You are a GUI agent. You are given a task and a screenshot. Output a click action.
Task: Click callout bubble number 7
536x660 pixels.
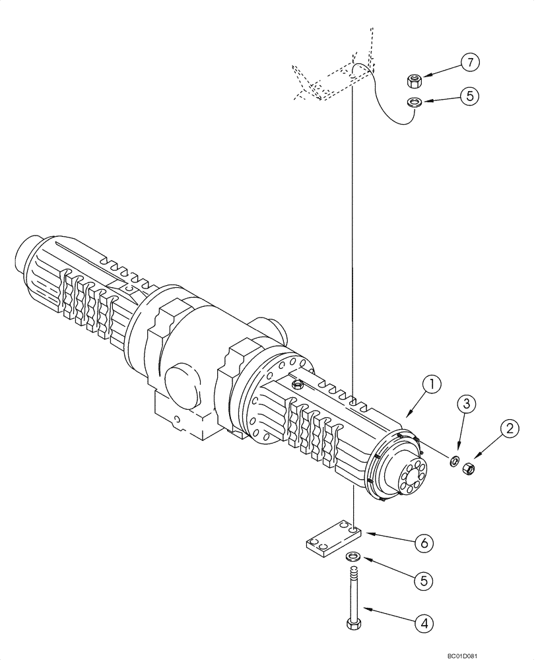coord(470,63)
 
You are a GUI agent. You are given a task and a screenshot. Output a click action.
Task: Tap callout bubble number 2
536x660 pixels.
coord(508,429)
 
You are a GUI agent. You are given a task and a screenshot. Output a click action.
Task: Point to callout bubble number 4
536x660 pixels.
coord(424,621)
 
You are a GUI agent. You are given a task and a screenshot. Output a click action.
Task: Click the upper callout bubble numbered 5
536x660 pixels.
coord(470,96)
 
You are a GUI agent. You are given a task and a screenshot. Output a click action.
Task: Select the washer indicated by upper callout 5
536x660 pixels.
coord(415,102)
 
